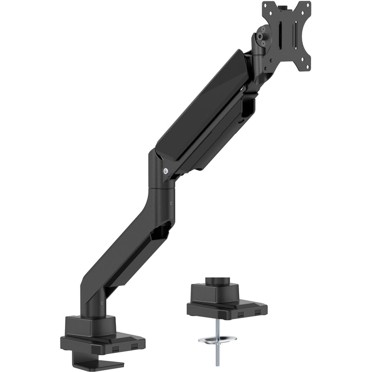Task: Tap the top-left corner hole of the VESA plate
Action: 267,7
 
